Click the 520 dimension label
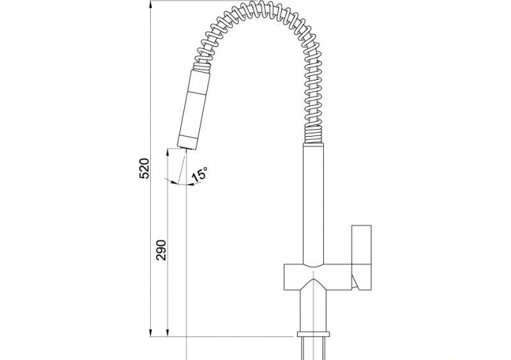coord(144,169)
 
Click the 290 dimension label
coord(161,250)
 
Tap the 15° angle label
coord(199,175)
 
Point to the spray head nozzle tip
coord(187,147)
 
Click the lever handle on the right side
coord(362,257)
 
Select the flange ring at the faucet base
coord(313,334)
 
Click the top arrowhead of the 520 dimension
coord(151,4)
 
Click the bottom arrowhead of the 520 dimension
coord(151,333)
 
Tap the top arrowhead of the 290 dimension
coord(167,153)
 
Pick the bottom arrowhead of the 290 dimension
coord(167,333)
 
